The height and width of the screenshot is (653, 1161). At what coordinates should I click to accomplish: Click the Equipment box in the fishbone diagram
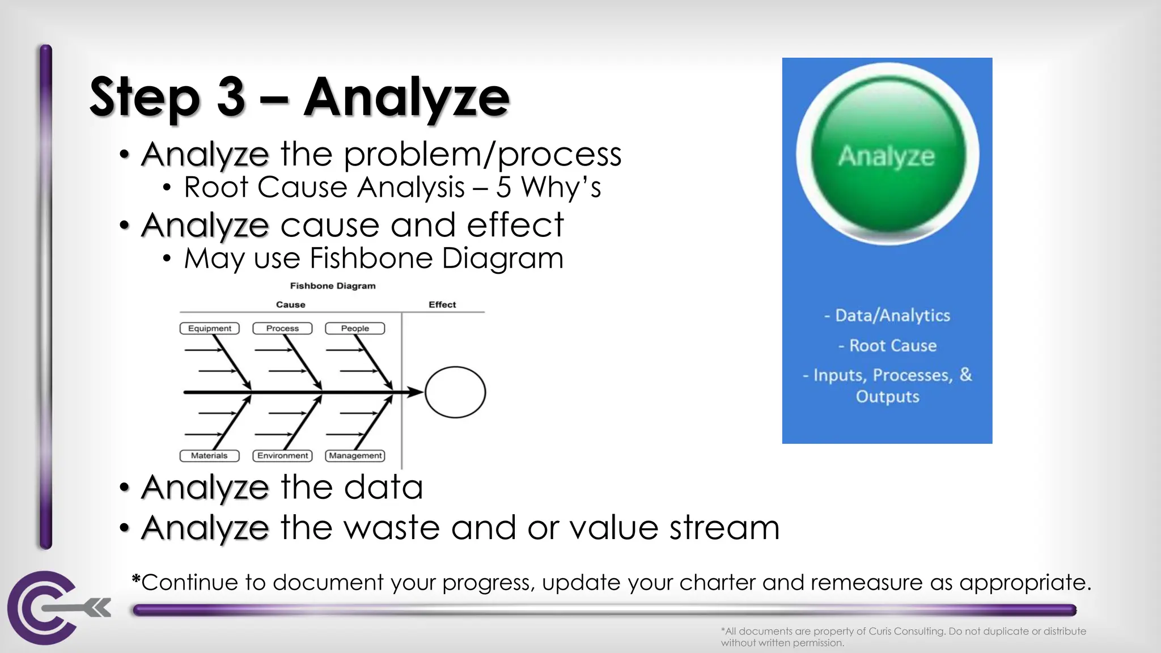tap(209, 328)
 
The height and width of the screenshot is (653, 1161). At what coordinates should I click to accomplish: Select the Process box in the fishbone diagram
tap(282, 328)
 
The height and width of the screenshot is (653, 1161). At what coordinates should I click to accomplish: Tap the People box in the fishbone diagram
tap(355, 328)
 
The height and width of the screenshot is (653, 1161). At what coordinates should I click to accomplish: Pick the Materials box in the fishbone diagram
tap(209, 456)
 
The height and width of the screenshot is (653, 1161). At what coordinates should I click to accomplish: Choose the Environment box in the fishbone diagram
tap(282, 456)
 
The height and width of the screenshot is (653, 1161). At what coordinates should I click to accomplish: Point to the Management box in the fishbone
tap(355, 456)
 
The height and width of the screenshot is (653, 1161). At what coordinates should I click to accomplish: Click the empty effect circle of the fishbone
tap(455, 392)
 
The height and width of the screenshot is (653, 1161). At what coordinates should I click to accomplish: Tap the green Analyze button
tap(887, 154)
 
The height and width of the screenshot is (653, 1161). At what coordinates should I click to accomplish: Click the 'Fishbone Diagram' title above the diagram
tap(333, 286)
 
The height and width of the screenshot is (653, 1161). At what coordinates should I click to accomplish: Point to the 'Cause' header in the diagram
tap(290, 304)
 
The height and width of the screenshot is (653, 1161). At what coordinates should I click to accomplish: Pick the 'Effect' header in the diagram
tap(442, 304)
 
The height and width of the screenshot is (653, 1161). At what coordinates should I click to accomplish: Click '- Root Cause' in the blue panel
tap(887, 345)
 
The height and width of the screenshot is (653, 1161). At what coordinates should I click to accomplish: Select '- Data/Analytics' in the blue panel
tap(887, 315)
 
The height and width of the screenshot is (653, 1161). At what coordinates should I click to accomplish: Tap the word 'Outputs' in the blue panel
tap(887, 396)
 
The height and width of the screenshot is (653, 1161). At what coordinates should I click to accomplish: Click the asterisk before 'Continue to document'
tap(136, 579)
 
